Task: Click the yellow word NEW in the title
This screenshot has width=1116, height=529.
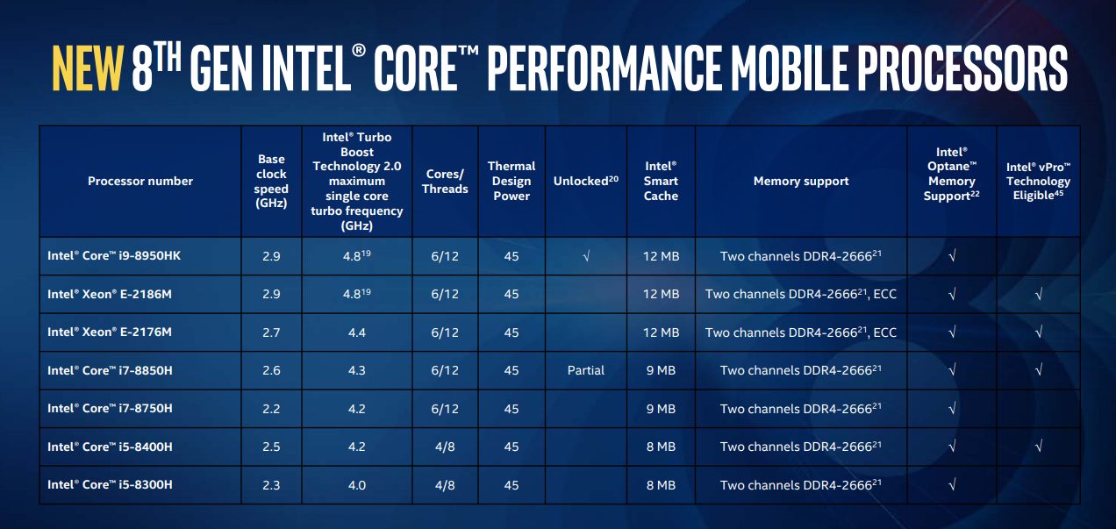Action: pyautogui.click(x=87, y=68)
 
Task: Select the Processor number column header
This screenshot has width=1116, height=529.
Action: pyautogui.click(x=140, y=181)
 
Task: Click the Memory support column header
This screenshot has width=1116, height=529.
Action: pyautogui.click(x=801, y=181)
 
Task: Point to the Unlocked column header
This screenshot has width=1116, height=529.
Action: pyautogui.click(x=585, y=181)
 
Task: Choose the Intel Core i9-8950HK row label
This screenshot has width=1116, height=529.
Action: pyautogui.click(x=114, y=255)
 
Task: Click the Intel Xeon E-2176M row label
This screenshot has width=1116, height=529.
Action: pyautogui.click(x=110, y=332)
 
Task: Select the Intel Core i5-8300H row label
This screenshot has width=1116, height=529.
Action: pyautogui.click(x=110, y=484)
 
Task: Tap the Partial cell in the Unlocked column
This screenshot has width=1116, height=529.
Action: pyautogui.click(x=585, y=370)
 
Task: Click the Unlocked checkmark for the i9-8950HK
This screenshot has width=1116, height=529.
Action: pyautogui.click(x=586, y=256)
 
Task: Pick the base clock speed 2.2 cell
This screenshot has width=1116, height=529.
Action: pyautogui.click(x=271, y=409)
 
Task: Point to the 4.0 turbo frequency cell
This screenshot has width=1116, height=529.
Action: pyautogui.click(x=357, y=484)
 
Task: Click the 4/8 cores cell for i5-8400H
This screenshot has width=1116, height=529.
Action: pyautogui.click(x=445, y=447)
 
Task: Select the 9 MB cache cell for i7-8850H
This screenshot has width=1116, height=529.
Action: pyautogui.click(x=661, y=370)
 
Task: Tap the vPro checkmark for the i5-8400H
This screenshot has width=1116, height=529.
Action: pyautogui.click(x=1038, y=447)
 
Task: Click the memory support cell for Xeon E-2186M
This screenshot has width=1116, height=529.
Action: pyautogui.click(x=801, y=294)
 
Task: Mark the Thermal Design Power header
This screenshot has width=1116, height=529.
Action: pyautogui.click(x=511, y=181)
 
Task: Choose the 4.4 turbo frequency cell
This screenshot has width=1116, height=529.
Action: pyautogui.click(x=357, y=332)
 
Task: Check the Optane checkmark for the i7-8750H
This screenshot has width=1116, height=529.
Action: pyautogui.click(x=952, y=409)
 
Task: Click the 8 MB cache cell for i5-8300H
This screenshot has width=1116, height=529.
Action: pyautogui.click(x=661, y=484)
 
